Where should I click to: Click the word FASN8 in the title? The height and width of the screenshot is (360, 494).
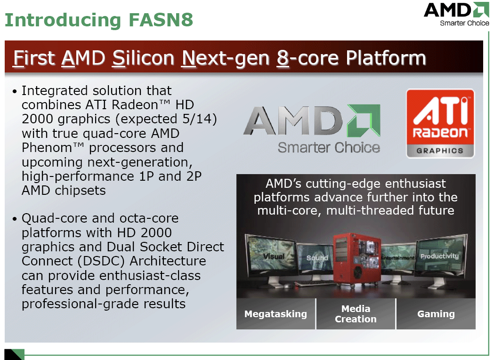(x=161, y=19)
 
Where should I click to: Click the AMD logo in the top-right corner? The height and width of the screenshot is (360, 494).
(x=456, y=14)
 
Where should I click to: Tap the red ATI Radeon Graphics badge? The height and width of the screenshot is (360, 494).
(x=440, y=123)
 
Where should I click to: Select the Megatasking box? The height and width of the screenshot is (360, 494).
(x=275, y=314)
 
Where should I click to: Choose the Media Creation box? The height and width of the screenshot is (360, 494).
(x=356, y=314)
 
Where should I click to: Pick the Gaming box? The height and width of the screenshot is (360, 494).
(x=436, y=314)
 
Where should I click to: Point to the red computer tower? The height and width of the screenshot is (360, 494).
(x=357, y=260)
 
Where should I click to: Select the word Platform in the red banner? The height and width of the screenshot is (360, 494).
(x=386, y=58)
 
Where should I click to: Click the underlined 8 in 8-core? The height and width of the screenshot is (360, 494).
(x=283, y=58)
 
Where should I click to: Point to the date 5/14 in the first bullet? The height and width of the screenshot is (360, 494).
(x=196, y=119)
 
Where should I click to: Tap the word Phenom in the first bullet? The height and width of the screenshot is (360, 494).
(x=47, y=148)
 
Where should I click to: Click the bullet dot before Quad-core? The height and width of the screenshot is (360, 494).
(x=14, y=219)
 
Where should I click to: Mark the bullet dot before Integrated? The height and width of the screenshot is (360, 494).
(x=14, y=91)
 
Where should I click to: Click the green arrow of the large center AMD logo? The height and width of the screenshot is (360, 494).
(x=364, y=120)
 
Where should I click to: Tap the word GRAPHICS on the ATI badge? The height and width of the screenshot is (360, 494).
(x=440, y=151)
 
